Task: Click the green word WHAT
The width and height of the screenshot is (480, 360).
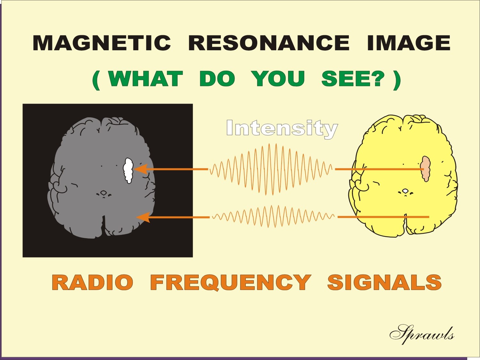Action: (145, 79)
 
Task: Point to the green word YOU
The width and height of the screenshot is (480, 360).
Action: (278, 79)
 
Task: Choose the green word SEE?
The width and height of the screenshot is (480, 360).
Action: (353, 79)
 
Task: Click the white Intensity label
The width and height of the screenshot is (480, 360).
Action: (282, 129)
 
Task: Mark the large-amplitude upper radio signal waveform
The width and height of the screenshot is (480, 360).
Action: (271, 169)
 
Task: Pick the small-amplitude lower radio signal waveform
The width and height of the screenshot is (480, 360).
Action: (273, 217)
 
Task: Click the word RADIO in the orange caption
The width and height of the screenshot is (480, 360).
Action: (92, 283)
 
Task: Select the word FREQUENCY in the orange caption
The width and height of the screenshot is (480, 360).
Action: (230, 283)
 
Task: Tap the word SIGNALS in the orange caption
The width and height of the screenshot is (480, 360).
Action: (384, 283)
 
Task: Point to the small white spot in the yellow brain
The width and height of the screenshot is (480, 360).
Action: (405, 191)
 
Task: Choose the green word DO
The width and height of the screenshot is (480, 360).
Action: (217, 79)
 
